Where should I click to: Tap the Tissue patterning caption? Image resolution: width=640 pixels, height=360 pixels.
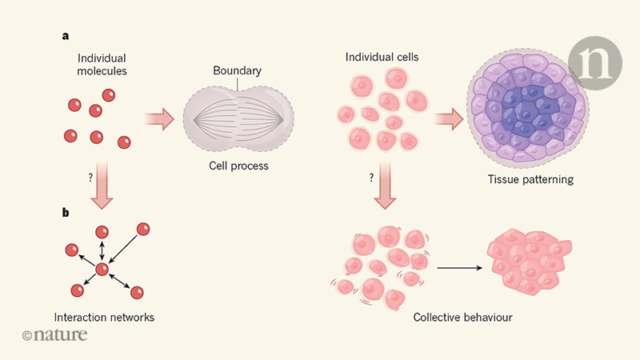click(x=536, y=179)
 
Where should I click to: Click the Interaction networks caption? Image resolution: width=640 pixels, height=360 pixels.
click(x=102, y=317)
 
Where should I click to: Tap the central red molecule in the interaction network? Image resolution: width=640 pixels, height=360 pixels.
click(x=102, y=270)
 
